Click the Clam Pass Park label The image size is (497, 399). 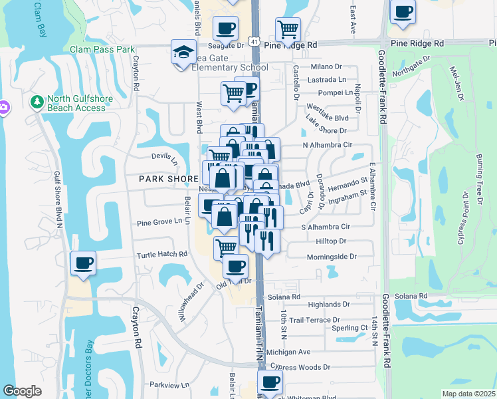[102, 49]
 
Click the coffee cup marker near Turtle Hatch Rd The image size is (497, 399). [83, 263]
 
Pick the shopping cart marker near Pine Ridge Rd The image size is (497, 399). [288, 29]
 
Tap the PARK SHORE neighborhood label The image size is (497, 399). [169, 180]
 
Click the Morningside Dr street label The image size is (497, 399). [332, 257]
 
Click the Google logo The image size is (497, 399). [22, 391]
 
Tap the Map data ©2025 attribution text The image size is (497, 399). [468, 394]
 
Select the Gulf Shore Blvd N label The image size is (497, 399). [58, 199]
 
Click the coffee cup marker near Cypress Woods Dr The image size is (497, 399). [270, 382]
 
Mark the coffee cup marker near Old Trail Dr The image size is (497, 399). [235, 267]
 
